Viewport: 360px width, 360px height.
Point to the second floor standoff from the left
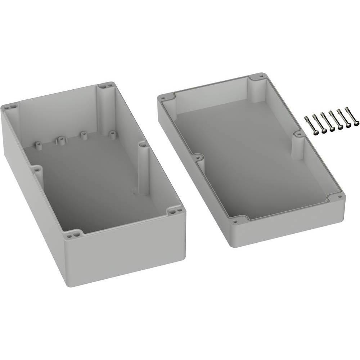click(60, 140)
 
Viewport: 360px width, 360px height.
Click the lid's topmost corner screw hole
click(260, 76)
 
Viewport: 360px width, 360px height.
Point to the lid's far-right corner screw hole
click(339, 196)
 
